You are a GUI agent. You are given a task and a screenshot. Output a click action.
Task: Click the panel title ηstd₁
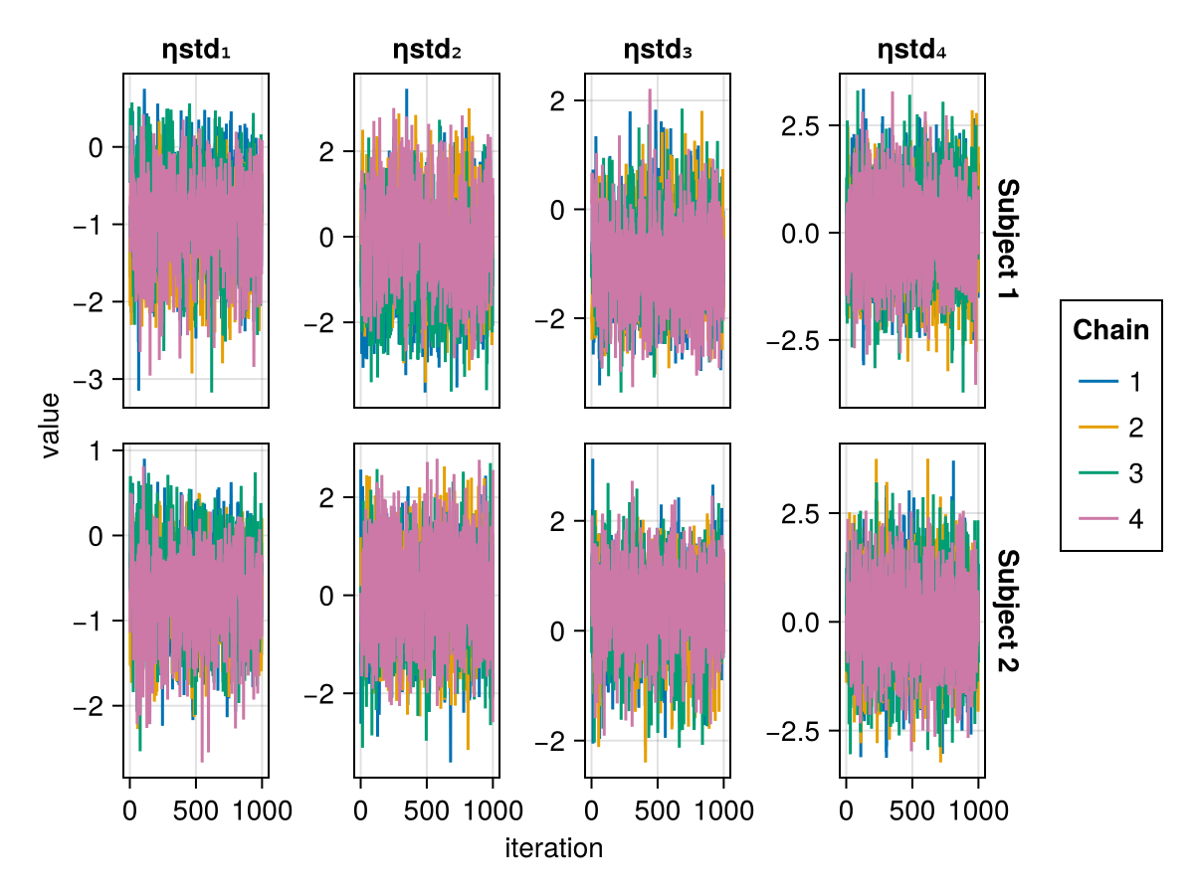click(x=196, y=50)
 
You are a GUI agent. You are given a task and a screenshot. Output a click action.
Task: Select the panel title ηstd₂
click(x=427, y=50)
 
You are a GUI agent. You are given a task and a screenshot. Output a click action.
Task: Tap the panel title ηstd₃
click(x=658, y=50)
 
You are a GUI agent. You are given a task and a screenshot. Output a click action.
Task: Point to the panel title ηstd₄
click(x=911, y=50)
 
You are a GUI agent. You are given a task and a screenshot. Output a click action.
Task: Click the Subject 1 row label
click(x=1007, y=242)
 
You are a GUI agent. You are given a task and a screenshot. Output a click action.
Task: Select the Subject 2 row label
click(x=1007, y=611)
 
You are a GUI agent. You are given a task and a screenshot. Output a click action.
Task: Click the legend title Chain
click(x=1110, y=330)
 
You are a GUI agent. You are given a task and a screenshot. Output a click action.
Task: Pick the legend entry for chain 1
click(x=1110, y=382)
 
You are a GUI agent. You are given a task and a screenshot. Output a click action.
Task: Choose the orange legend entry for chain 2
click(x=1110, y=428)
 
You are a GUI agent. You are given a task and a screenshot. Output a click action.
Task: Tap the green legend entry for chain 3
click(x=1110, y=473)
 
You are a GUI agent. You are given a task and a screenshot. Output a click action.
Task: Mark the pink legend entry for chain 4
click(x=1110, y=519)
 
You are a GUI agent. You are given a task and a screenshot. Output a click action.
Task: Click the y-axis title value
click(x=51, y=425)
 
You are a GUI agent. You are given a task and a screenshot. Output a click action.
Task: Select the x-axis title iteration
click(x=553, y=848)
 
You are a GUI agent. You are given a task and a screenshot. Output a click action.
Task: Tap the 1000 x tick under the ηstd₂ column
click(x=494, y=810)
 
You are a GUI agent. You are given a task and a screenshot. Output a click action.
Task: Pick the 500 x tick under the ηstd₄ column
click(x=912, y=810)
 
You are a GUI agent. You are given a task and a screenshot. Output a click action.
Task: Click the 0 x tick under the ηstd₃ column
click(x=591, y=810)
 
